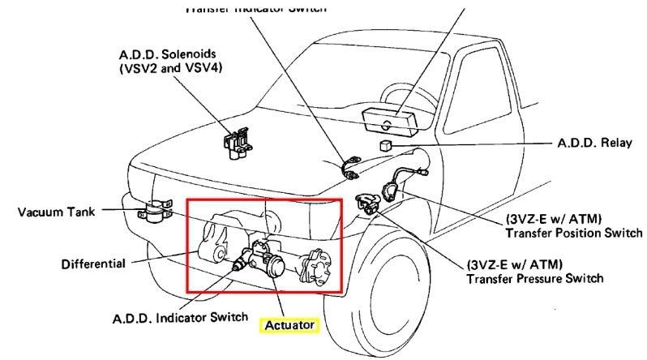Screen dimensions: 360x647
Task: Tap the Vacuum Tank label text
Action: click(x=58, y=212)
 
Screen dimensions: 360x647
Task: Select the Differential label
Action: click(x=93, y=264)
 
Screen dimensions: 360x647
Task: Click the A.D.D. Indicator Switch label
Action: click(x=180, y=317)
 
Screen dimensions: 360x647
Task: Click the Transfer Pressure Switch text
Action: click(x=535, y=279)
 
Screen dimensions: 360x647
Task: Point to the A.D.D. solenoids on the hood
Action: click(x=234, y=144)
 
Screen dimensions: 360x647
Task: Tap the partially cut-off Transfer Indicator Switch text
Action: click(x=255, y=8)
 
